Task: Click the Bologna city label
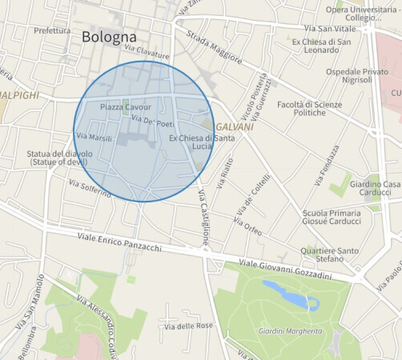[109, 37]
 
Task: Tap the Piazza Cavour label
[126, 106]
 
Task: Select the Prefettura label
[53, 30]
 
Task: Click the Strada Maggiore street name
[214, 49]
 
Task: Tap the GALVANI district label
[235, 127]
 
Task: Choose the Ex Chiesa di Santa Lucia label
[191, 142]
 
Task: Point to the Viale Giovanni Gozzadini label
[285, 270]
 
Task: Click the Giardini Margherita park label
[286, 330]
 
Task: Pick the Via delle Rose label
[189, 326]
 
